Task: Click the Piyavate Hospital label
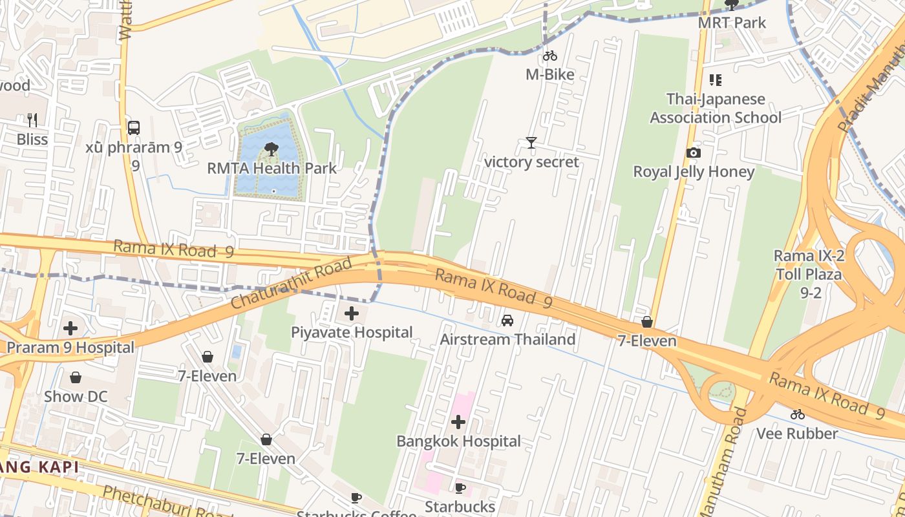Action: click(x=352, y=332)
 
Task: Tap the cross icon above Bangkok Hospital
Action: click(x=458, y=423)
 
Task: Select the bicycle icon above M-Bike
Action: click(x=550, y=56)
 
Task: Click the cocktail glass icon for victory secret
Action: click(x=531, y=143)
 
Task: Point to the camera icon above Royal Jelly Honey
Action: click(x=694, y=153)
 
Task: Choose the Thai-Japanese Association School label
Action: click(x=716, y=109)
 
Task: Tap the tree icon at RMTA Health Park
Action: click(x=271, y=150)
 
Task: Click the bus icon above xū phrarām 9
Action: click(x=134, y=128)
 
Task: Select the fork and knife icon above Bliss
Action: click(x=32, y=120)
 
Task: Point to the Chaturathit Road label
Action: click(x=292, y=283)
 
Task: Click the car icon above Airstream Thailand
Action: click(x=507, y=321)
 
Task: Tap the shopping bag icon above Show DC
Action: click(x=76, y=377)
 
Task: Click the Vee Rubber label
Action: click(x=797, y=434)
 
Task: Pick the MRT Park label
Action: click(x=732, y=23)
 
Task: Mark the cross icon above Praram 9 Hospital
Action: click(x=70, y=328)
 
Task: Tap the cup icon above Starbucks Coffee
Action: click(x=356, y=498)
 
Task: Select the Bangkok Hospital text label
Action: click(x=458, y=441)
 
